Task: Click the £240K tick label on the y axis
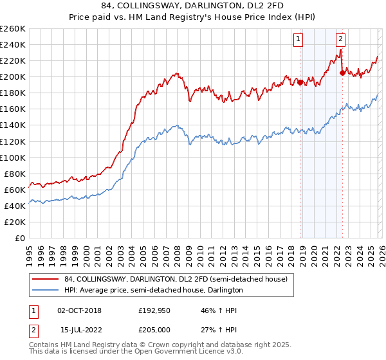(12, 44)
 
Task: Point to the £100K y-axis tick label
(12, 157)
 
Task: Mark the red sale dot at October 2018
(300, 82)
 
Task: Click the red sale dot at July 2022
(342, 73)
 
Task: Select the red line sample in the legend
(46, 278)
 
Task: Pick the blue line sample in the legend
(46, 290)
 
